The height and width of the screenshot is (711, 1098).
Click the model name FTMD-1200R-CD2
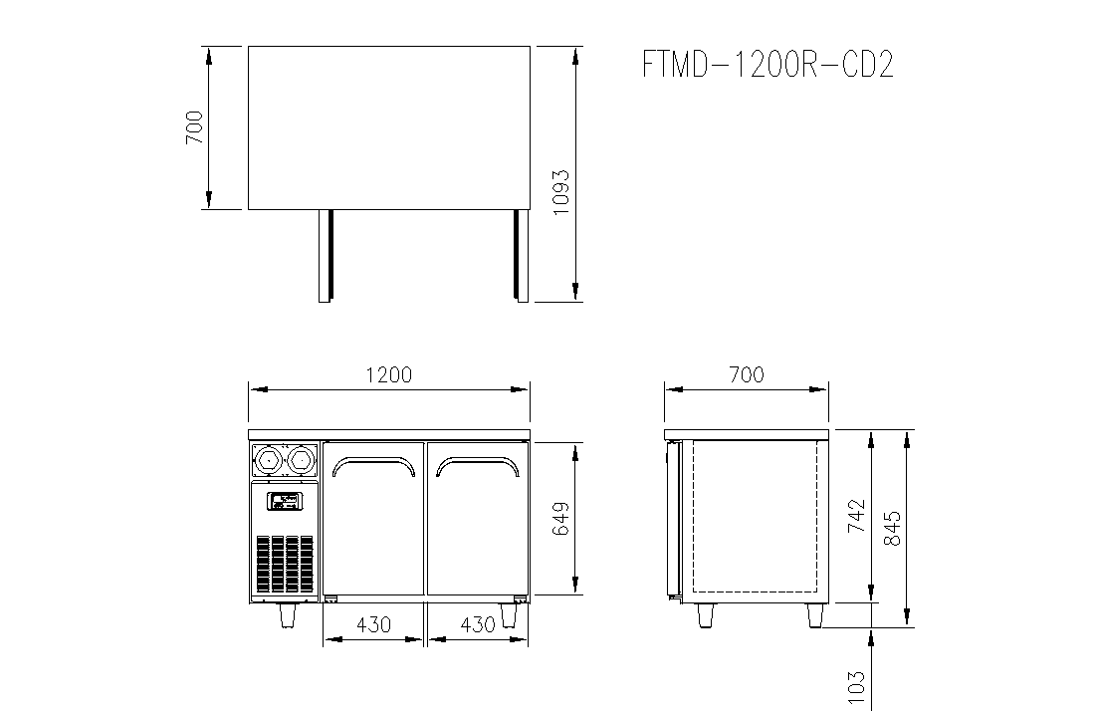tap(769, 65)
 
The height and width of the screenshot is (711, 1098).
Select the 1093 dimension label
tap(561, 192)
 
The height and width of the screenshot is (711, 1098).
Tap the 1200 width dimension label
tap(389, 374)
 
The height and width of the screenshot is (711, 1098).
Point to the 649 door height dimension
tap(560, 519)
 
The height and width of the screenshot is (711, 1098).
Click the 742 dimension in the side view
tap(857, 516)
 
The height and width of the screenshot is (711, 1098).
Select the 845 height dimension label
tap(892, 528)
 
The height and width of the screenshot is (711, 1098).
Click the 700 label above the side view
tap(747, 374)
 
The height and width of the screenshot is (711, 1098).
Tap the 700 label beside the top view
tap(194, 127)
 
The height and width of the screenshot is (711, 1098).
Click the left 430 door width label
tap(373, 624)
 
